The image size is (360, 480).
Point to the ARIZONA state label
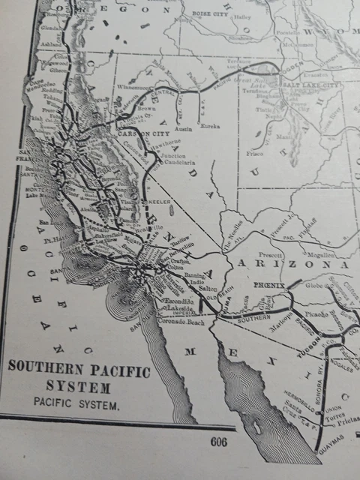(292, 265)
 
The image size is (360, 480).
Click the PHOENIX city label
(268, 286)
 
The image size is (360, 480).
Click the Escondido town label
(175, 302)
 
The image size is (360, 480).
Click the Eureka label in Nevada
(211, 126)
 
